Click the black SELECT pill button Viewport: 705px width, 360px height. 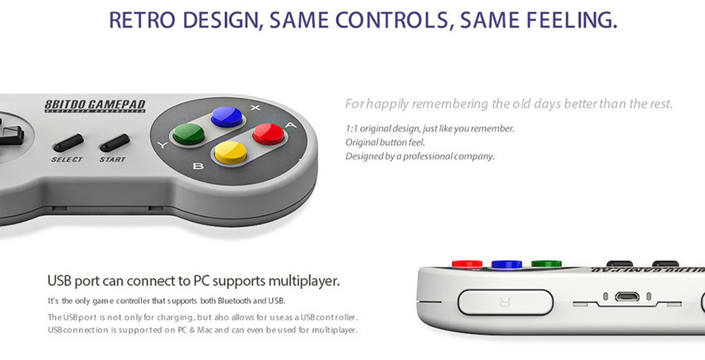[68, 143]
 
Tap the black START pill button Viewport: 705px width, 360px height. [114, 143]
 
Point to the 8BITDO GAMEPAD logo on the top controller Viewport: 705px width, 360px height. [94, 106]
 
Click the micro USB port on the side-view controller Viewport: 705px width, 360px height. [627, 297]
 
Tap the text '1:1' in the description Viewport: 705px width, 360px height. [352, 129]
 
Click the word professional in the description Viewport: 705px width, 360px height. [431, 156]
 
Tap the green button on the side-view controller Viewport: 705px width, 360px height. [546, 263]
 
